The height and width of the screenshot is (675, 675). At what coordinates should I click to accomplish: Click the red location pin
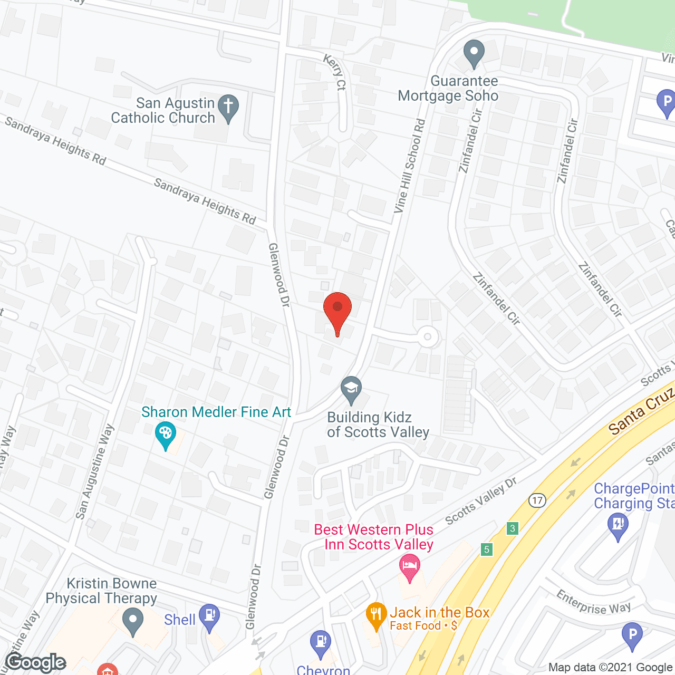pyautogui.click(x=337, y=311)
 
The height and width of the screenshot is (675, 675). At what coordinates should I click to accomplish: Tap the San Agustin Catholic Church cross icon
pyautogui.click(x=228, y=108)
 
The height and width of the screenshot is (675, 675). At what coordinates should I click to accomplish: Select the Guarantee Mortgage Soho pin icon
pyautogui.click(x=474, y=53)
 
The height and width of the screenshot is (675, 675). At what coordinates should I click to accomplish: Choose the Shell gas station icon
pyautogui.click(x=209, y=616)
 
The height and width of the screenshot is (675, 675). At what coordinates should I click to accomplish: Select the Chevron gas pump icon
pyautogui.click(x=320, y=642)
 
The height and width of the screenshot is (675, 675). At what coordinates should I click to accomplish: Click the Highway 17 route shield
pyautogui.click(x=537, y=500)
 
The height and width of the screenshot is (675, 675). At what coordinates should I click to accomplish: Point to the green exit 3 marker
pyautogui.click(x=512, y=528)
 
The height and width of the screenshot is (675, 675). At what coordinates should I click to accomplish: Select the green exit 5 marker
pyautogui.click(x=486, y=549)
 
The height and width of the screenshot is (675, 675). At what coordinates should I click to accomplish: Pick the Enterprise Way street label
pyautogui.click(x=593, y=603)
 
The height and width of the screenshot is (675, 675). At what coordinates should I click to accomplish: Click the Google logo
pyautogui.click(x=36, y=662)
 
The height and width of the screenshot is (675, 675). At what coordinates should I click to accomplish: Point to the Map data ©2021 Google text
pyautogui.click(x=611, y=668)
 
